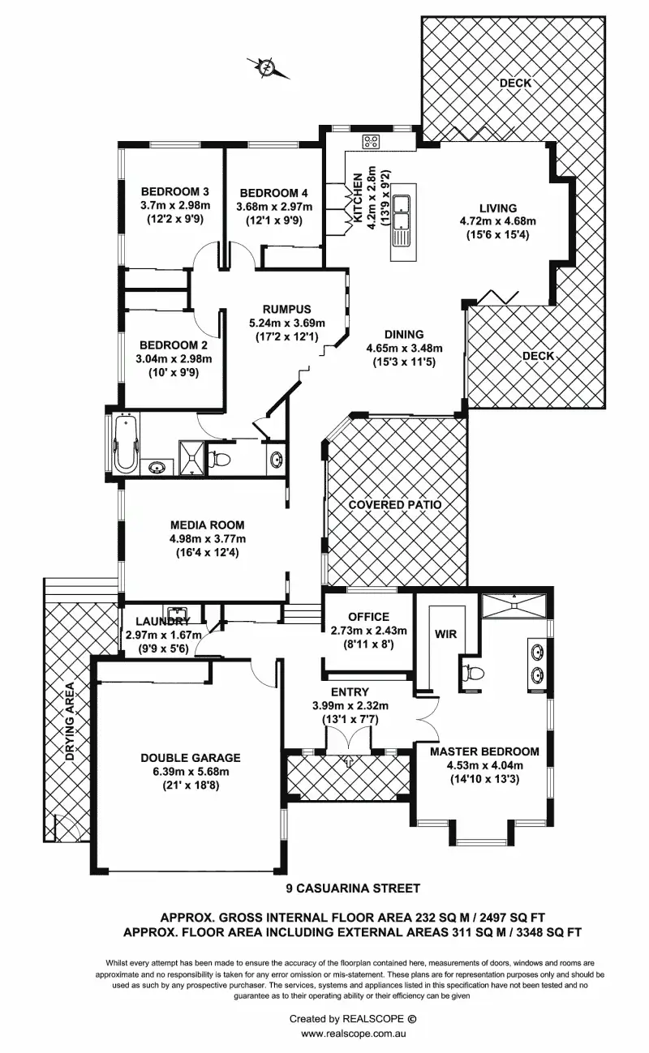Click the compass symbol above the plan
268,66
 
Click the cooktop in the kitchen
371,142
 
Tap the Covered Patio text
395,505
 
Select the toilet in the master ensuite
474,671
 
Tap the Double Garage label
191,757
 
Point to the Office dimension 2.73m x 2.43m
369,631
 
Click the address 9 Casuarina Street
358,889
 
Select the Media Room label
207,525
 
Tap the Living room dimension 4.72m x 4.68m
497,220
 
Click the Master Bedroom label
484,751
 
